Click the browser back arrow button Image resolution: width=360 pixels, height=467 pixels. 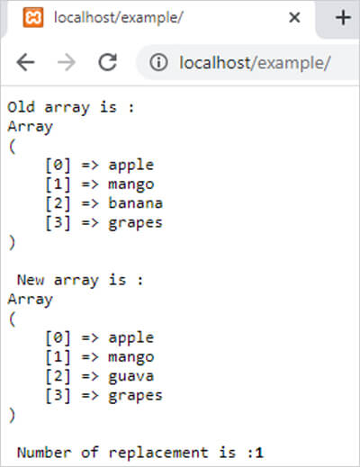pos(26,62)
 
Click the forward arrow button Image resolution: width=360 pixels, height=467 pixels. pos(67,62)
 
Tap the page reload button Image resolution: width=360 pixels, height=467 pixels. pos(108,62)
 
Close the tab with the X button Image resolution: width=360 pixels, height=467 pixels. pos(294,17)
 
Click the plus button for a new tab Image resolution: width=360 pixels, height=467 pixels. pos(343,17)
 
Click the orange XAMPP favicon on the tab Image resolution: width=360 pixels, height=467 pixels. pos(33,17)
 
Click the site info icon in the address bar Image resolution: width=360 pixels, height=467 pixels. pos(158,62)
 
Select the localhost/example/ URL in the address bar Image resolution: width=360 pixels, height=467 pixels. pos(255,63)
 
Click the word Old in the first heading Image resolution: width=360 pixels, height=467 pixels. pos(21,107)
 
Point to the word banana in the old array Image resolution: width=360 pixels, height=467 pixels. pos(136,203)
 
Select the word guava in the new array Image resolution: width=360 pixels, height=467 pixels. pos(131,377)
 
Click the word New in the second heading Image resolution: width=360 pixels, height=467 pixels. pos(31,280)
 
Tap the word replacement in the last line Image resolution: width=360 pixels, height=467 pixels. pos(158,453)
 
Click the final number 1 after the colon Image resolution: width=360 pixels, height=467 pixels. pos(259,453)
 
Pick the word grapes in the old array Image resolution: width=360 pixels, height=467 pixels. pos(135,223)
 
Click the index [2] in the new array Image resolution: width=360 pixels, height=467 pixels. pos(58,376)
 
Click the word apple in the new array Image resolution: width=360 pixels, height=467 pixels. pos(131,338)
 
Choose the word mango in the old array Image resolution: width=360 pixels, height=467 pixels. pos(131,184)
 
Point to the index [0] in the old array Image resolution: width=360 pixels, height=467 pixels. pos(58,165)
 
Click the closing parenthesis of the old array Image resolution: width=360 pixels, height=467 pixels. pos(12,242)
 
